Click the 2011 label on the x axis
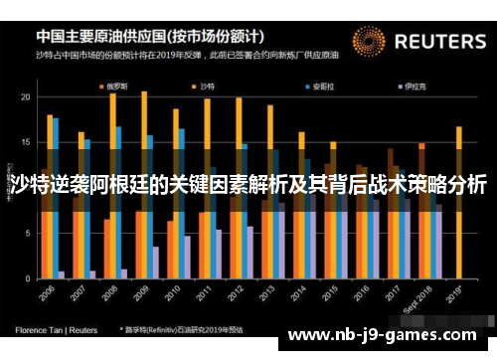206,297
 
